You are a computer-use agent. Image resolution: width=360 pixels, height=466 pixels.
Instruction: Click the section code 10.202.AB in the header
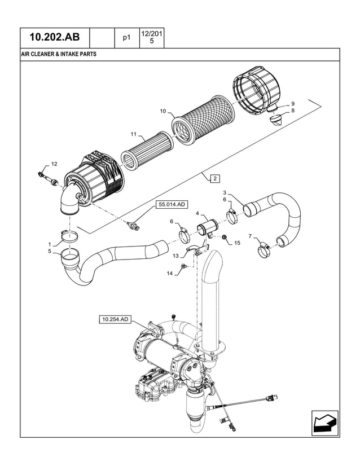[x=55, y=38]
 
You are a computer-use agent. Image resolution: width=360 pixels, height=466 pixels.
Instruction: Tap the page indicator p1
[x=126, y=38]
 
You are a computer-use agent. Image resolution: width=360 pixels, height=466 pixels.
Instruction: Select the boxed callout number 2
[x=215, y=179]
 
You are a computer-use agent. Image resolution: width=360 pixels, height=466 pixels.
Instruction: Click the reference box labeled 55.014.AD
[x=171, y=205]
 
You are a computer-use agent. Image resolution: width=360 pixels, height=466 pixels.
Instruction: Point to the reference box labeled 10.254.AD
[x=116, y=320]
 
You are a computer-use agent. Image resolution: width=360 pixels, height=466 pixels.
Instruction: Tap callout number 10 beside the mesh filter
[x=163, y=111]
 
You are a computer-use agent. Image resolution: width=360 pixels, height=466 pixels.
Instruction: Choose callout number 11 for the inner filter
[x=134, y=134]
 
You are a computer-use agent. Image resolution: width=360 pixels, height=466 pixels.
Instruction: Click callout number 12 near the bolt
[x=54, y=164]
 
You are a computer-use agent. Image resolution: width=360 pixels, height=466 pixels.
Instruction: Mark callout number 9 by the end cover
[x=292, y=104]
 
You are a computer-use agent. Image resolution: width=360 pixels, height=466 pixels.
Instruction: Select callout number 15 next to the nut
[x=237, y=243]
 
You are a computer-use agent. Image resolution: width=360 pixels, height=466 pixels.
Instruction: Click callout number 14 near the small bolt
[x=170, y=273]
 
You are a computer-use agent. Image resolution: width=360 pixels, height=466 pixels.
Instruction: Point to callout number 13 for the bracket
[x=175, y=255]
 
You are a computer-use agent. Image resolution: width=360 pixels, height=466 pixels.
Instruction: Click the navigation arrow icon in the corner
[x=324, y=423]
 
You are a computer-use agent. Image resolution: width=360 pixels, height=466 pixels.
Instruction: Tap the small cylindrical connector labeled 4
[x=205, y=230]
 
